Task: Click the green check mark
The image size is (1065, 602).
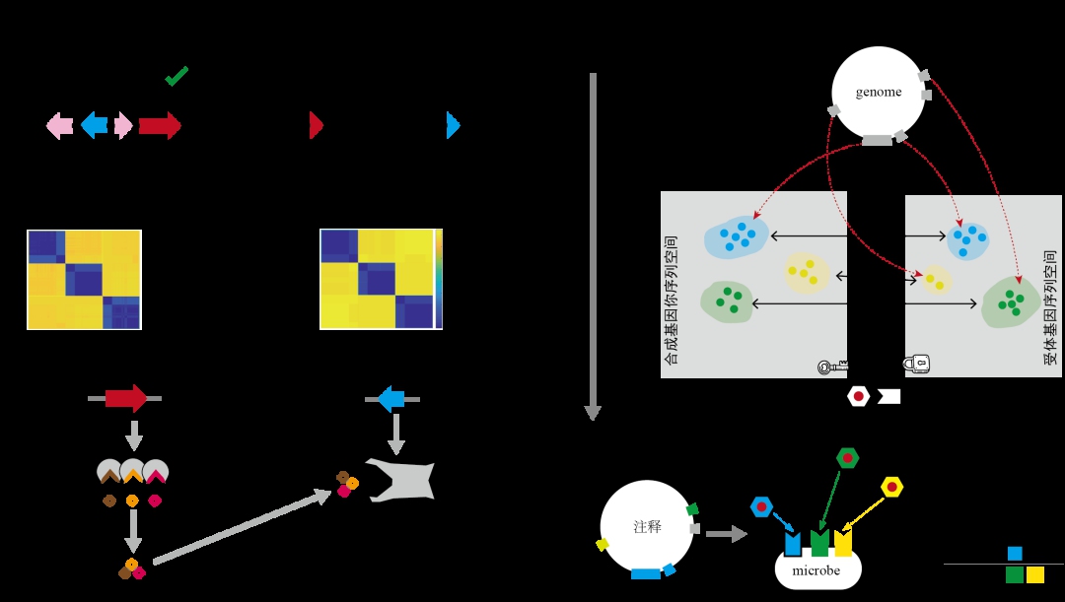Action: tap(177, 76)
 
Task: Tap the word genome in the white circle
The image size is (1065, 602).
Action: tap(879, 93)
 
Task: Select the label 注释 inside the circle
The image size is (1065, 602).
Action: tap(647, 527)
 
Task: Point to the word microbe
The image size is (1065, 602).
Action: tap(816, 571)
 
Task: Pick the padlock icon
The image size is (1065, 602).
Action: tap(916, 365)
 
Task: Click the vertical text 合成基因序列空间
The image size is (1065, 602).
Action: tap(672, 300)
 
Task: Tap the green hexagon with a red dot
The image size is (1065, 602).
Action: tap(847, 458)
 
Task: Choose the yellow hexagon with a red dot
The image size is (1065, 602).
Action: tap(891, 487)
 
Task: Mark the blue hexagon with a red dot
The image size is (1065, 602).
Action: tap(761, 506)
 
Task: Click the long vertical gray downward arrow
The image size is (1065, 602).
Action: tap(593, 246)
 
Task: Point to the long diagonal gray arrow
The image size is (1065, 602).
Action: tap(242, 527)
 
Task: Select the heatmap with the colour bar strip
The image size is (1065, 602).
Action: tap(381, 279)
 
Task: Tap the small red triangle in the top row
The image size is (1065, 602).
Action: tap(316, 125)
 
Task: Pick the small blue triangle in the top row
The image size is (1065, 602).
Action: tap(453, 125)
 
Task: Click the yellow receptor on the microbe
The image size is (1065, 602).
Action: tap(843, 543)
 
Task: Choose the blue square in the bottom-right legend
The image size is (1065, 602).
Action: tap(1015, 554)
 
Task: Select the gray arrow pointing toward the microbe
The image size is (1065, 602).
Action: tap(726, 534)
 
